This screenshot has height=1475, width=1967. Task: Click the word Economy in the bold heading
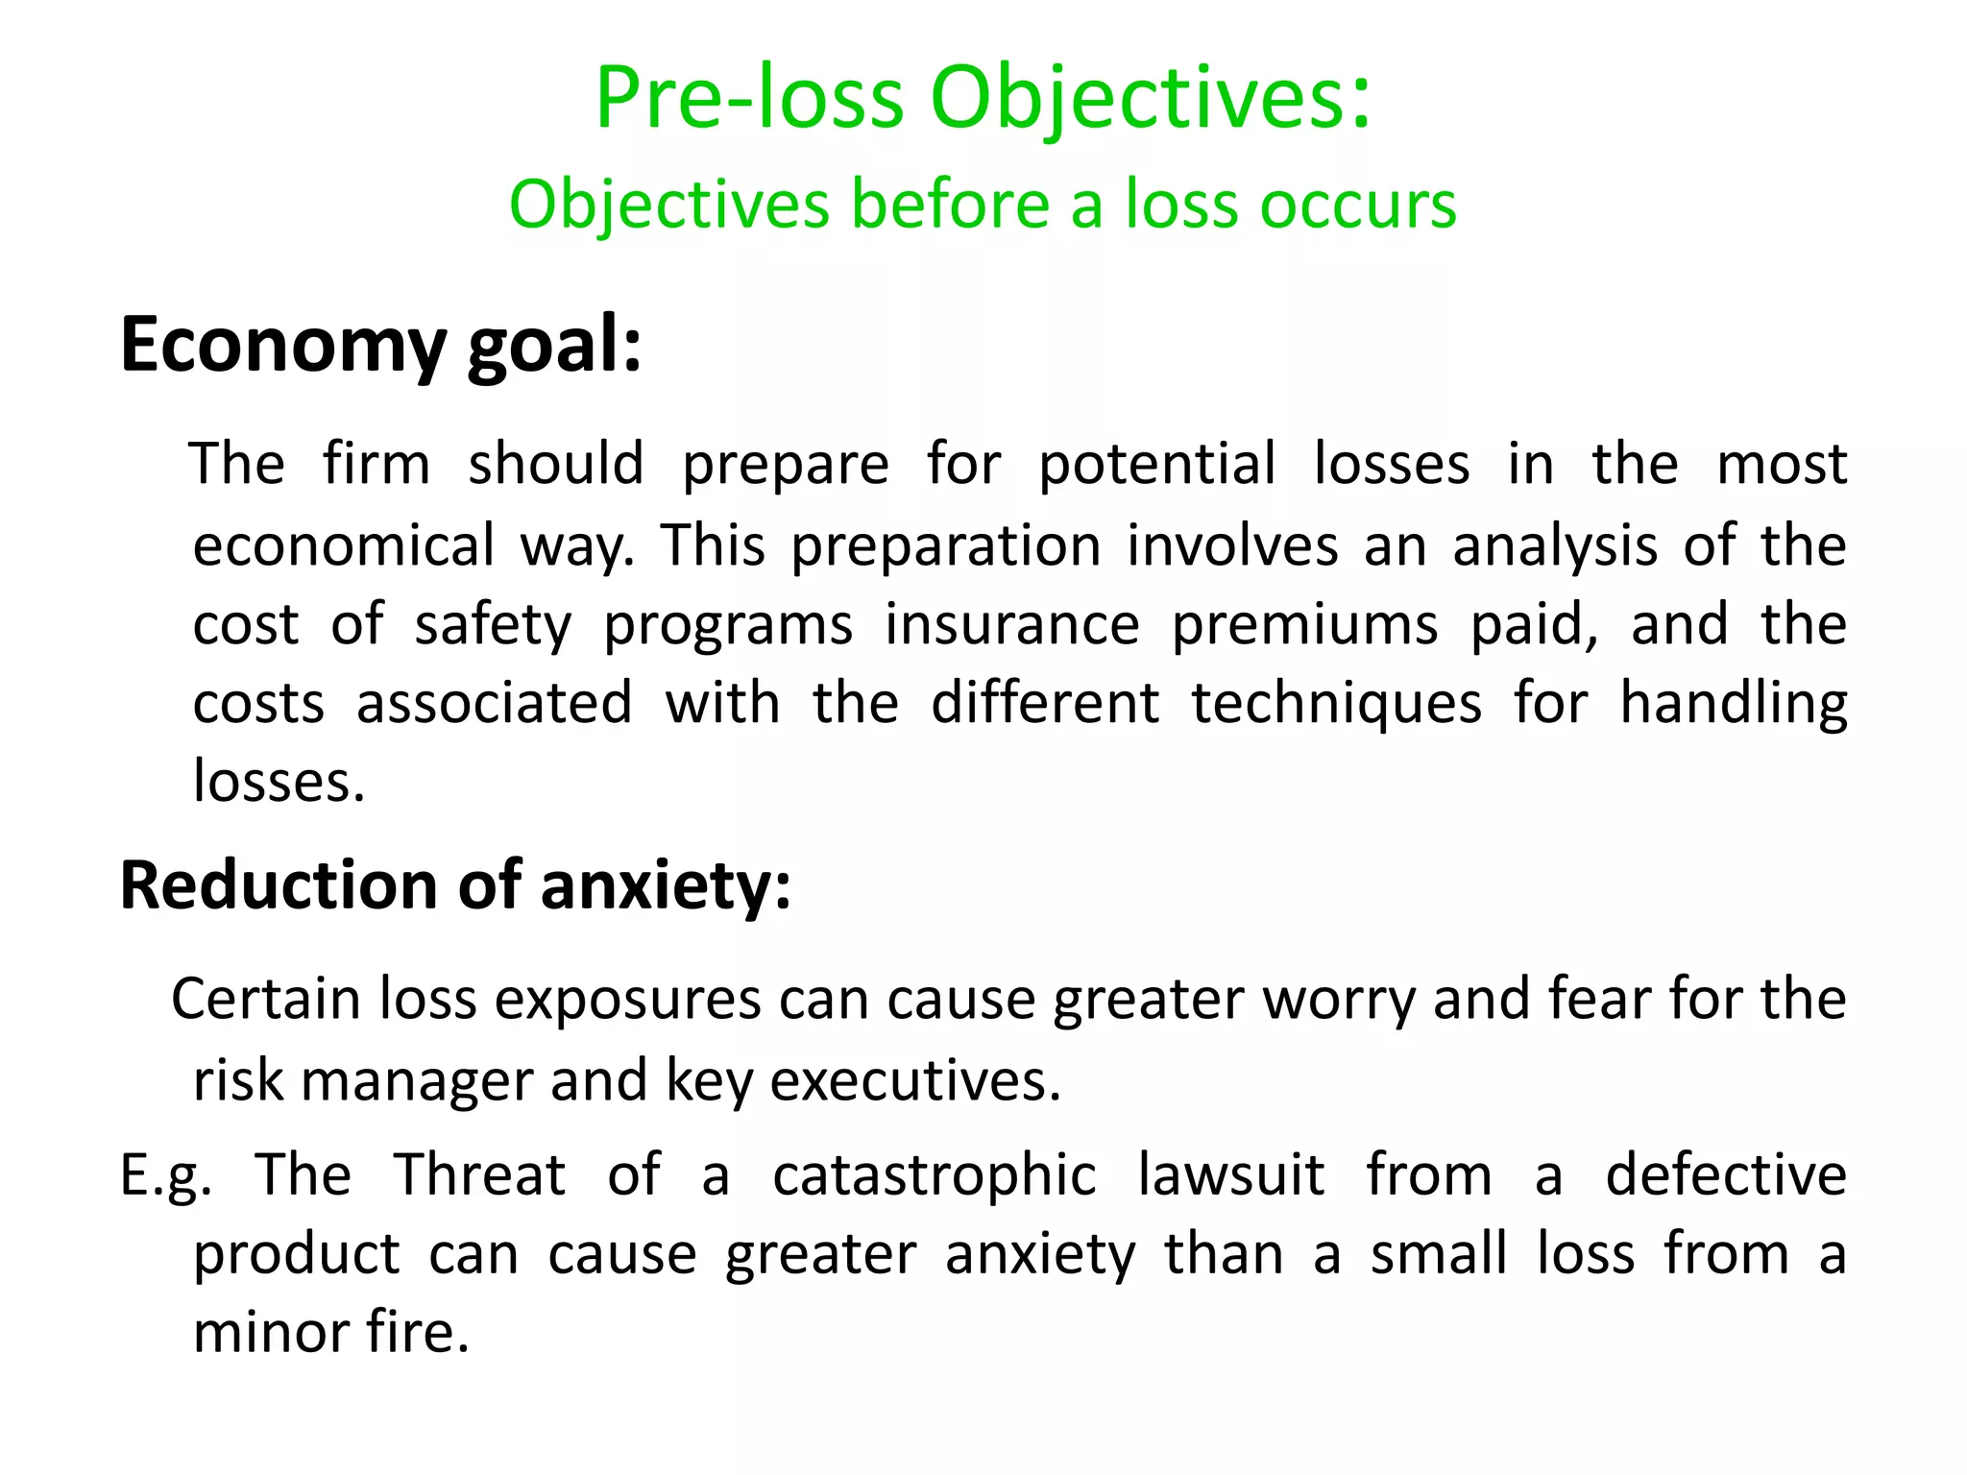(282, 346)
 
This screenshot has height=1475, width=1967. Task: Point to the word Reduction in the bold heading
(279, 884)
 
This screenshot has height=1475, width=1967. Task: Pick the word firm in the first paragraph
(376, 464)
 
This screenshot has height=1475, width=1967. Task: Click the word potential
(1157, 464)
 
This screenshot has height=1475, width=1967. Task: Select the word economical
(343, 545)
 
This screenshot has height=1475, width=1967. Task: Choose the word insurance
(1011, 624)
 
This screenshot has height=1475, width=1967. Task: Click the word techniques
(1337, 704)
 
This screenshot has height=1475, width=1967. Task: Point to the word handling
(1734, 704)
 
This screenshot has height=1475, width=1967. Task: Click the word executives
(915, 1081)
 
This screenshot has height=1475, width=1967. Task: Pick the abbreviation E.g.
(165, 1175)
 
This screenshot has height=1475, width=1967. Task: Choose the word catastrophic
(935, 1175)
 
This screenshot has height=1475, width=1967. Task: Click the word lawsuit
(1231, 1174)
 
